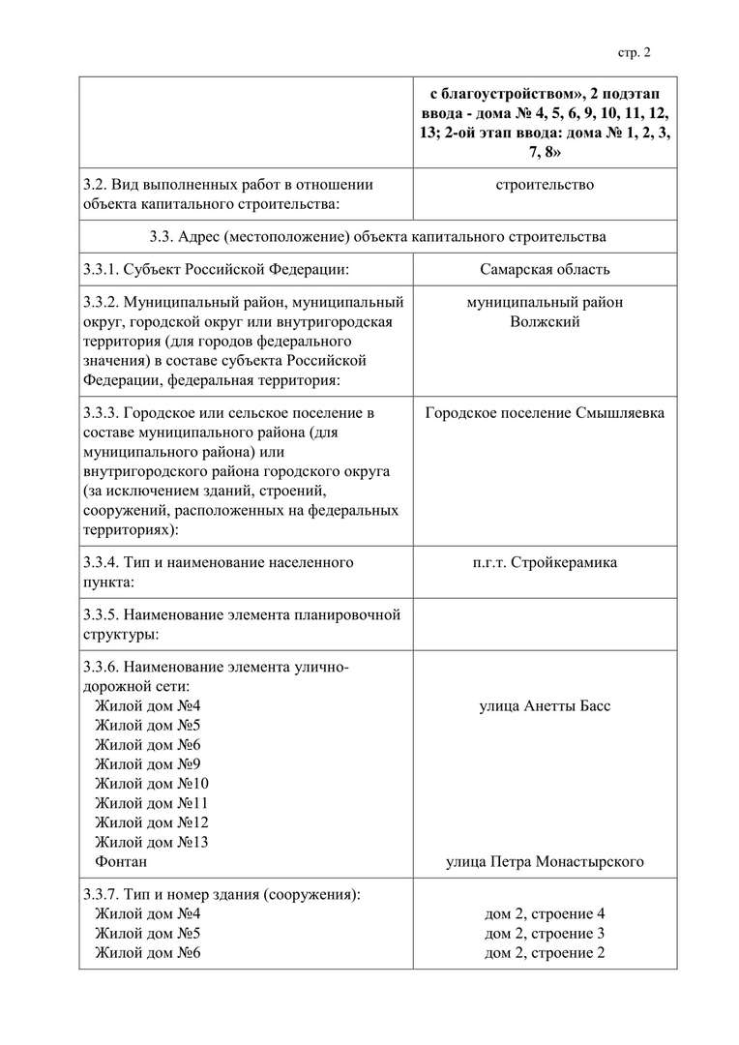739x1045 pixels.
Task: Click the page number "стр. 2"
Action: [x=635, y=52]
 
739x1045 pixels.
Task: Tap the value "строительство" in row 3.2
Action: [x=545, y=185]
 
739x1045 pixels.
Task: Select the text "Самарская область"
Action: [x=545, y=270]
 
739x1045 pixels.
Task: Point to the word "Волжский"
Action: [x=545, y=322]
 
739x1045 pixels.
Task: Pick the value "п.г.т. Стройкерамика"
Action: [x=545, y=563]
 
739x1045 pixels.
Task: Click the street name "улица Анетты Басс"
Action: [x=545, y=706]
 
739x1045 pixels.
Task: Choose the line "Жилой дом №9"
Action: [x=147, y=764]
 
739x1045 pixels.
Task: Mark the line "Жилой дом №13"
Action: [x=151, y=842]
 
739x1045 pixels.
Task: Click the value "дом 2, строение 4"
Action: [x=545, y=914]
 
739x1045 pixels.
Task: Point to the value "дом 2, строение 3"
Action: [x=545, y=934]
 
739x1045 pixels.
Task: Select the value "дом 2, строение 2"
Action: [x=545, y=953]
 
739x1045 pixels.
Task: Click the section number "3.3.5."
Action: [x=102, y=614]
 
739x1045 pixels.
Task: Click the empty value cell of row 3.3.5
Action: [x=545, y=625]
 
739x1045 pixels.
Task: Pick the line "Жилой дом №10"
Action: [x=151, y=784]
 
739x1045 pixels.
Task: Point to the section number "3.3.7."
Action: [x=102, y=895]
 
